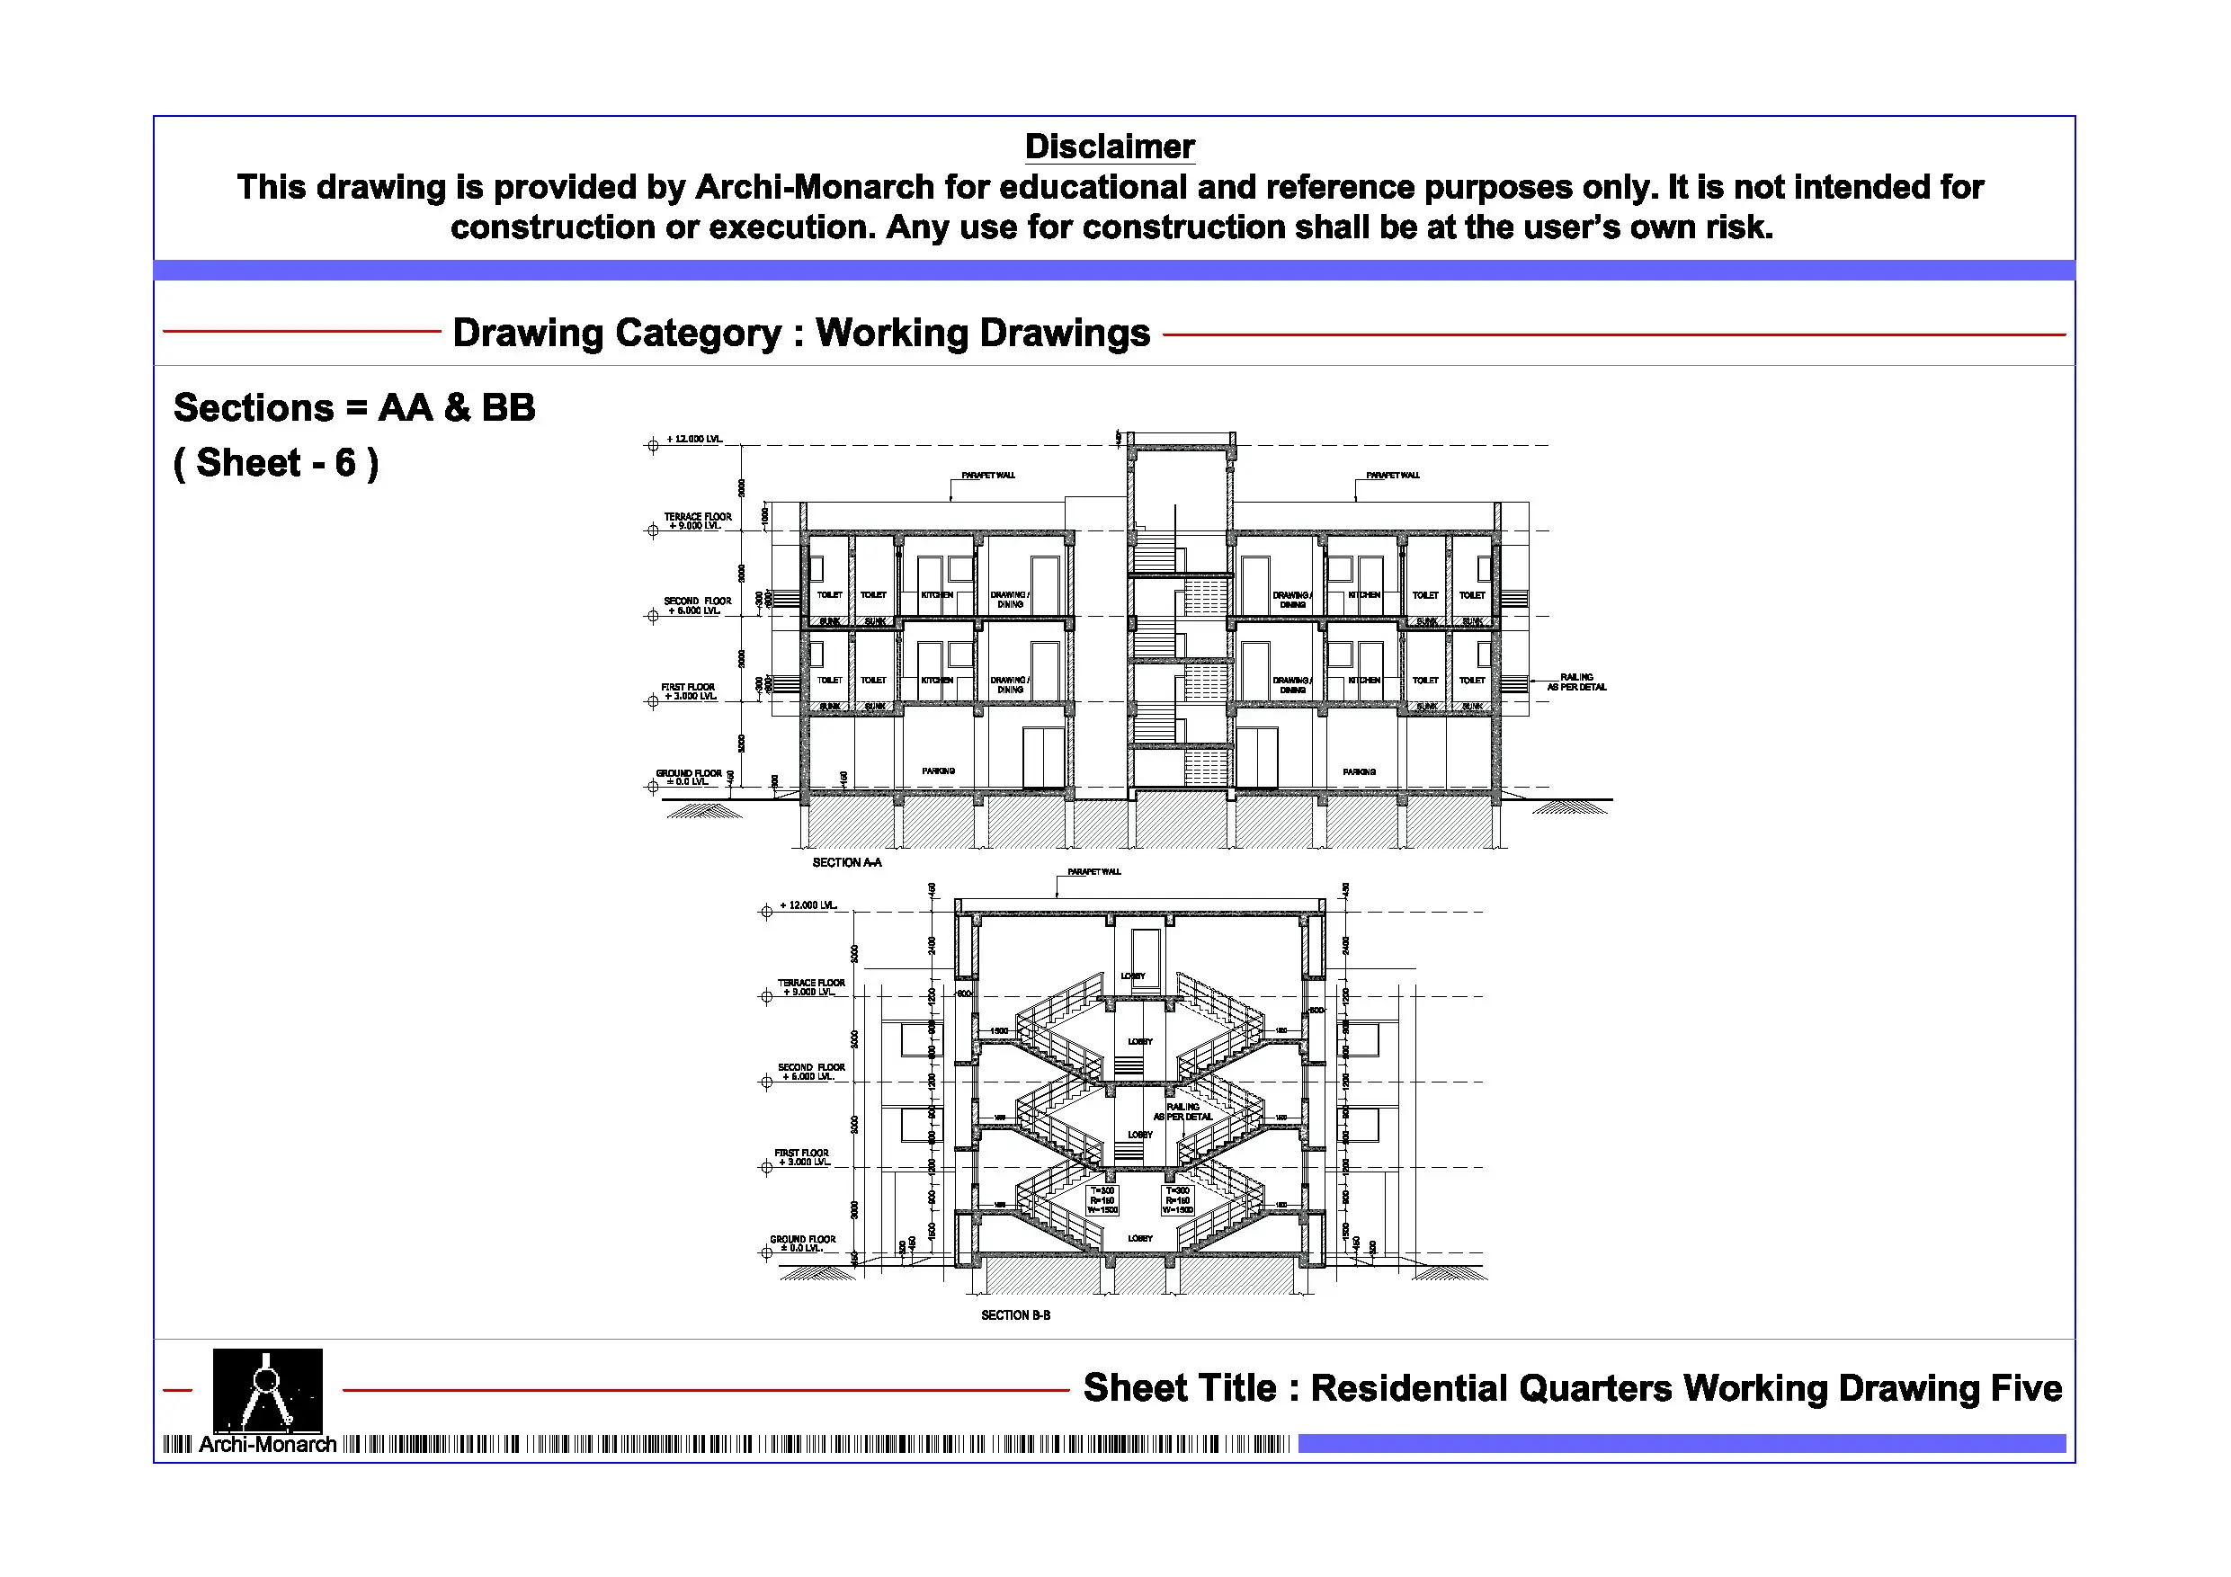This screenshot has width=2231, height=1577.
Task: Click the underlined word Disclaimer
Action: pyautogui.click(x=1110, y=147)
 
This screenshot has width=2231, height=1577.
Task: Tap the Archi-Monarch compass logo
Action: pyautogui.click(x=267, y=1389)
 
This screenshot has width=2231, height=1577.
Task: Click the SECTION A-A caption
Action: pyautogui.click(x=846, y=863)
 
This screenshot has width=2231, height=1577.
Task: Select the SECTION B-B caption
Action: pyautogui.click(x=1015, y=1315)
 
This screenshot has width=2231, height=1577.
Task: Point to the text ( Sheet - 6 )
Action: pyautogui.click(x=276, y=464)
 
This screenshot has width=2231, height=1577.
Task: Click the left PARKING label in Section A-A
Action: pyautogui.click(x=938, y=771)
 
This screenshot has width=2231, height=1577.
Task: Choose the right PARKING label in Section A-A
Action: pyautogui.click(x=1359, y=771)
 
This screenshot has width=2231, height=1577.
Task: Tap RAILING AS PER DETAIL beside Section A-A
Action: pyautogui.click(x=1576, y=682)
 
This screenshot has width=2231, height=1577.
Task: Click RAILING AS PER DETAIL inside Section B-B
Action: pyautogui.click(x=1182, y=1111)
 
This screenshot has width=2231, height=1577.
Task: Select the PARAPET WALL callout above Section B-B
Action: pyautogui.click(x=1094, y=871)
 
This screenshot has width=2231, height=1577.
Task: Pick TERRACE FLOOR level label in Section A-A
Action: pyautogui.click(x=698, y=521)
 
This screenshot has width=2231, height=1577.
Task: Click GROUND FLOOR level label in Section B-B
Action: pyautogui.click(x=803, y=1243)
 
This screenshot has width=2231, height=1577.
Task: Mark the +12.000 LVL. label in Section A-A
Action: pyautogui.click(x=694, y=439)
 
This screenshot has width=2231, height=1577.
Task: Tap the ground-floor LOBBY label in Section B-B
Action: pyautogui.click(x=1140, y=1238)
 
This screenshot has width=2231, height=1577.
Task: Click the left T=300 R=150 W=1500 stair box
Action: pyautogui.click(x=1102, y=1200)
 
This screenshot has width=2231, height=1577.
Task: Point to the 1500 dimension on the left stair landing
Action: pyautogui.click(x=999, y=1031)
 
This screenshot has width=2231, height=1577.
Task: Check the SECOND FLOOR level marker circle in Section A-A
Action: pyautogui.click(x=653, y=616)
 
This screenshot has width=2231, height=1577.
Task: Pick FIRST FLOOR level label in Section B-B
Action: pyautogui.click(x=801, y=1157)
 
